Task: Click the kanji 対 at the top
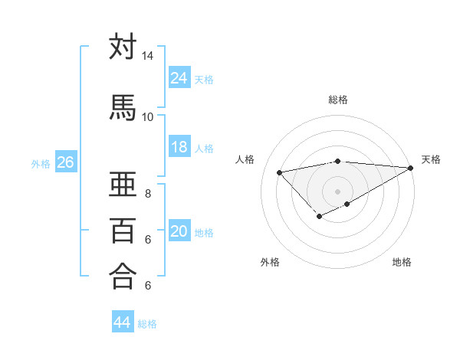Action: click(x=123, y=47)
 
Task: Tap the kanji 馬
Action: click(x=123, y=106)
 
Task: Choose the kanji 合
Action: click(x=123, y=276)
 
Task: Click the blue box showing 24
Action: click(x=179, y=77)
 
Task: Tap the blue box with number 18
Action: click(x=179, y=147)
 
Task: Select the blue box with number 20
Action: click(x=179, y=231)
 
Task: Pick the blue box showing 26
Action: click(x=65, y=162)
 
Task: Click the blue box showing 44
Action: click(x=122, y=322)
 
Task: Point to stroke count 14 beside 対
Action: click(x=147, y=56)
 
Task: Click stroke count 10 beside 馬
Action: click(x=147, y=116)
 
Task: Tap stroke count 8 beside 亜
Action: click(x=147, y=194)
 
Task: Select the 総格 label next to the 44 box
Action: click(x=147, y=324)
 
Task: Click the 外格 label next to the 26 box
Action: click(x=41, y=163)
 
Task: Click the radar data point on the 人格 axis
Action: click(x=279, y=172)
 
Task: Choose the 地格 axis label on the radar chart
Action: click(x=402, y=262)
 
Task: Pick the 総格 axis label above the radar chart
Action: click(x=337, y=100)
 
